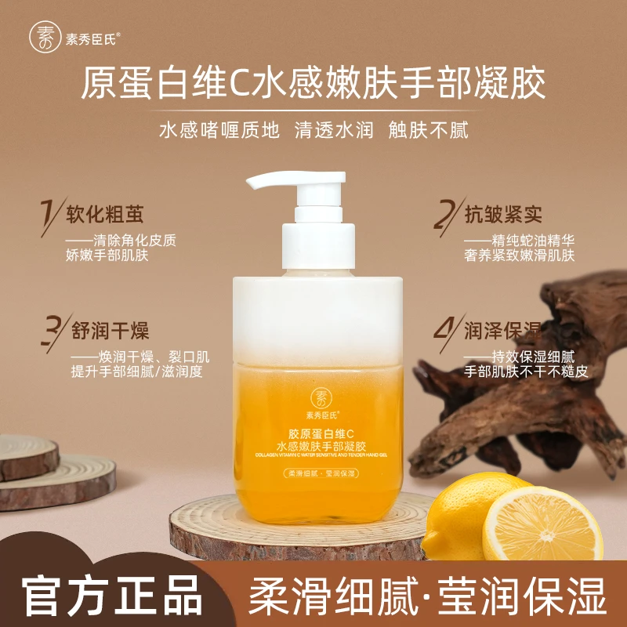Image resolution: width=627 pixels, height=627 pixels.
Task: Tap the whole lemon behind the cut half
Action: [462, 509]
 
